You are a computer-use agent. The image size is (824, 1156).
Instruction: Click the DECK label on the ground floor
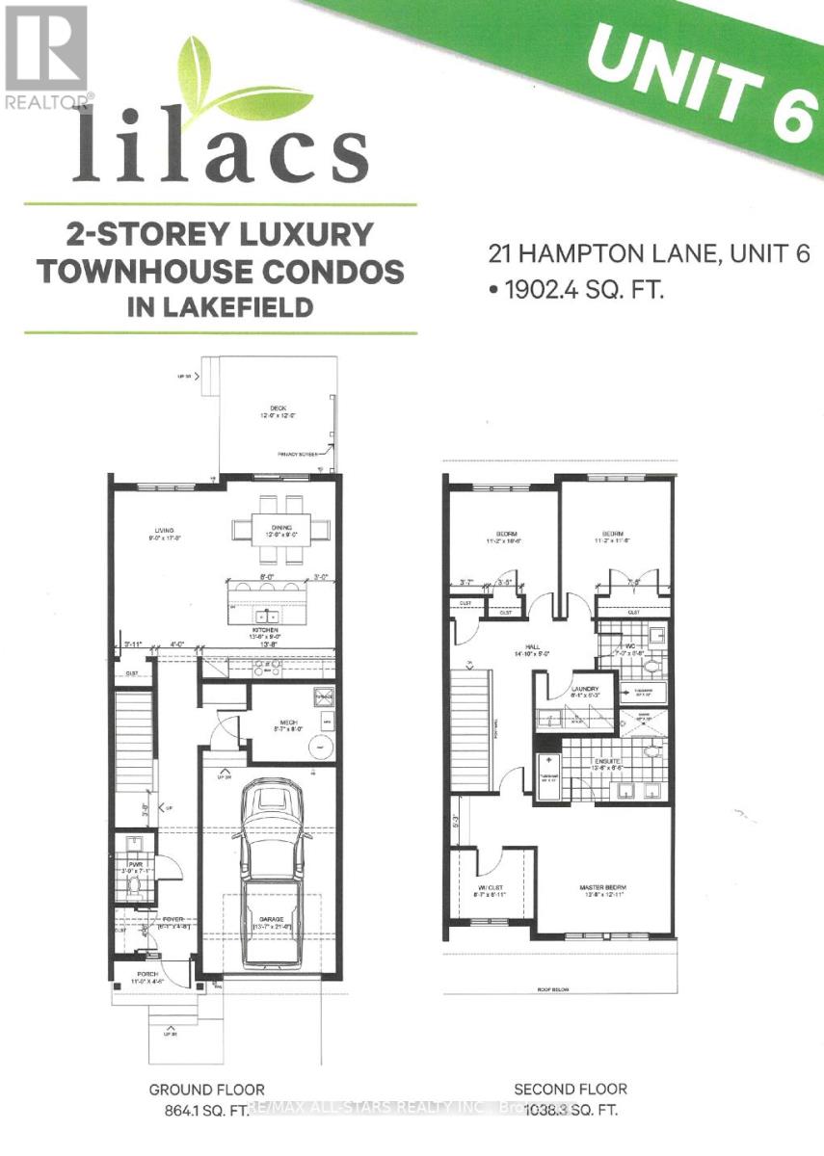click(x=278, y=408)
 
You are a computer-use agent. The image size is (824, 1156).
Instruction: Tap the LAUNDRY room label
click(x=585, y=689)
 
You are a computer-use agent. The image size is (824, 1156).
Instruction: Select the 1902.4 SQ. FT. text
click(x=579, y=289)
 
